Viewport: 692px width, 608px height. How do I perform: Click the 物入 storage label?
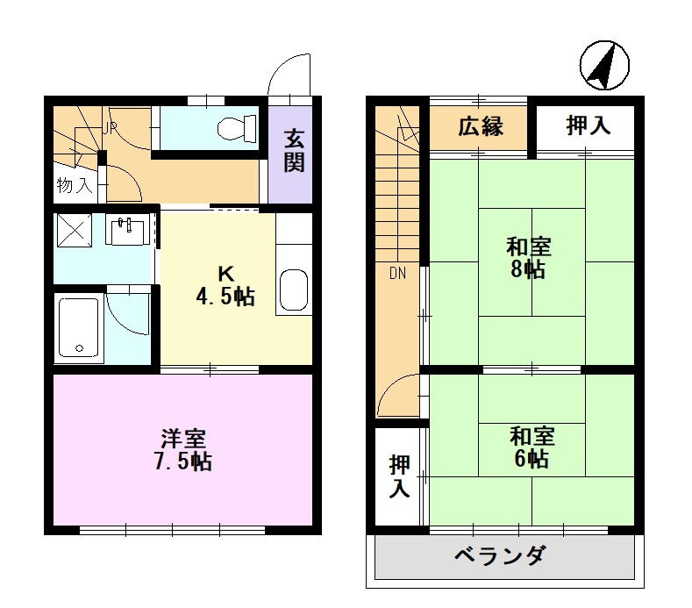click(x=74, y=185)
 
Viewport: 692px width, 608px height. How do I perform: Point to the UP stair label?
click(x=111, y=128)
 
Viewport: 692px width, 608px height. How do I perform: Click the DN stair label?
click(x=397, y=272)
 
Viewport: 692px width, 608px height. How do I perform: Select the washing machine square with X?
click(x=73, y=231)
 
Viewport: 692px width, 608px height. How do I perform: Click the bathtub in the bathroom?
click(x=79, y=328)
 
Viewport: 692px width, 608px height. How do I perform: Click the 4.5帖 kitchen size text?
click(x=225, y=297)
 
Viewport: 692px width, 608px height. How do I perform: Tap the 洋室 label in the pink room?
click(x=182, y=437)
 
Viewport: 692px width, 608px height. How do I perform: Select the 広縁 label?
click(x=480, y=126)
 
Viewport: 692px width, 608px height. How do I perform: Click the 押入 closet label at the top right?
click(x=587, y=126)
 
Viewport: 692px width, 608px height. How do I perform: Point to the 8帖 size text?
click(x=531, y=269)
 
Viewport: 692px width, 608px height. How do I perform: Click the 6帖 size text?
click(x=531, y=458)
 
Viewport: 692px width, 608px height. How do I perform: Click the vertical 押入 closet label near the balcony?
click(x=399, y=476)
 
